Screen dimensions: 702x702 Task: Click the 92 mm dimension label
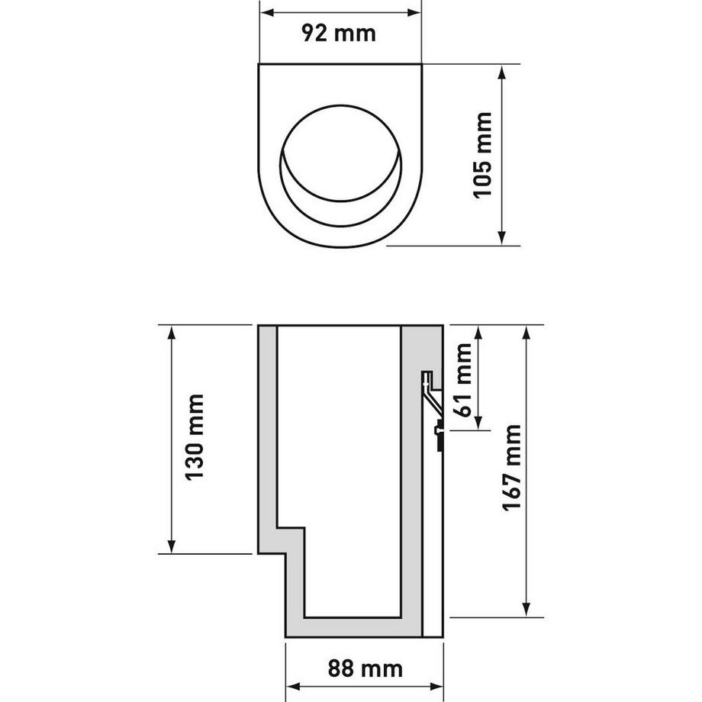point(340,34)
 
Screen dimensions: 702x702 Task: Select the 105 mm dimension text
point(483,156)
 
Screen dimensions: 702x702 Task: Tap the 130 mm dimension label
point(197,438)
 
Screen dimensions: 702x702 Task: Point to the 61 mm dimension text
point(462,378)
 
